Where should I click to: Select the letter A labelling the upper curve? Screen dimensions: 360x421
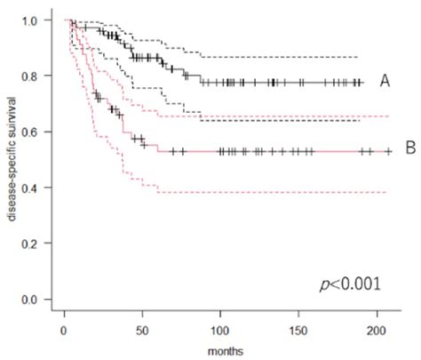tap(385, 81)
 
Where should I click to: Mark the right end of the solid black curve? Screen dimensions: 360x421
tap(362, 83)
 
